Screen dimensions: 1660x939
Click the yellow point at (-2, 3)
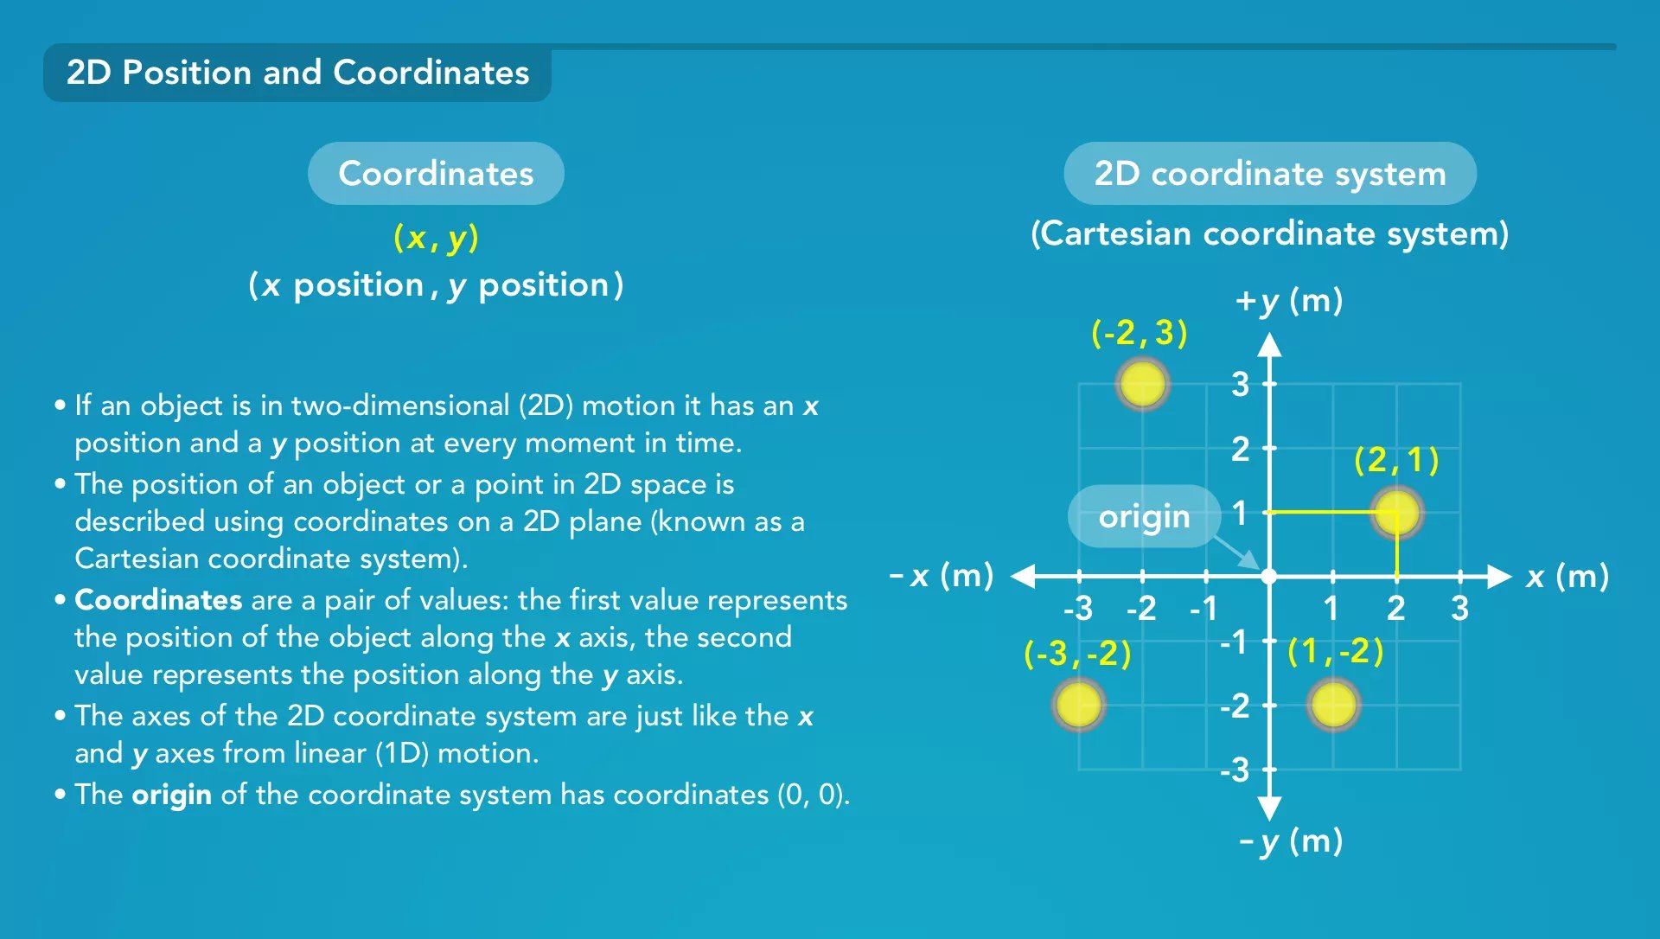point(1142,383)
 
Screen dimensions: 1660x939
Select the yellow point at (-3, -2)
point(1078,704)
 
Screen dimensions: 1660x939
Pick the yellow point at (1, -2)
point(1333,704)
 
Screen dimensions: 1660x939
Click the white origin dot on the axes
point(1269,576)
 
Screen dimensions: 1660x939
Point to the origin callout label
point(1144,516)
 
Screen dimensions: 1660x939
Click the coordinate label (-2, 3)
point(1140,333)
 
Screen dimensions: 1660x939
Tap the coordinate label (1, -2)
point(1335,651)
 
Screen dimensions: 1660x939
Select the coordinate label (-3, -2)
point(1077,654)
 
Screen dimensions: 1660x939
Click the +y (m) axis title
point(1289,301)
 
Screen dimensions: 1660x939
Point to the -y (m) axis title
point(1291,840)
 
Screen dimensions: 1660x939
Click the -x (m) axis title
point(942,575)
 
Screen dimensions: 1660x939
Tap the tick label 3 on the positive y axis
point(1241,384)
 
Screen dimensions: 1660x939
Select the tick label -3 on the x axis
point(1078,609)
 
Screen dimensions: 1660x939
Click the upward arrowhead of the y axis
point(1269,345)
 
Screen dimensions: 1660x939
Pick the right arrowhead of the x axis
point(1499,576)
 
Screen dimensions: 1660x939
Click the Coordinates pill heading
point(436,173)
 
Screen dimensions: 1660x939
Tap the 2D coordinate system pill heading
point(1270,173)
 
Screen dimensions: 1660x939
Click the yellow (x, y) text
point(436,237)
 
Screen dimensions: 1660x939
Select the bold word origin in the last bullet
point(171,795)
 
